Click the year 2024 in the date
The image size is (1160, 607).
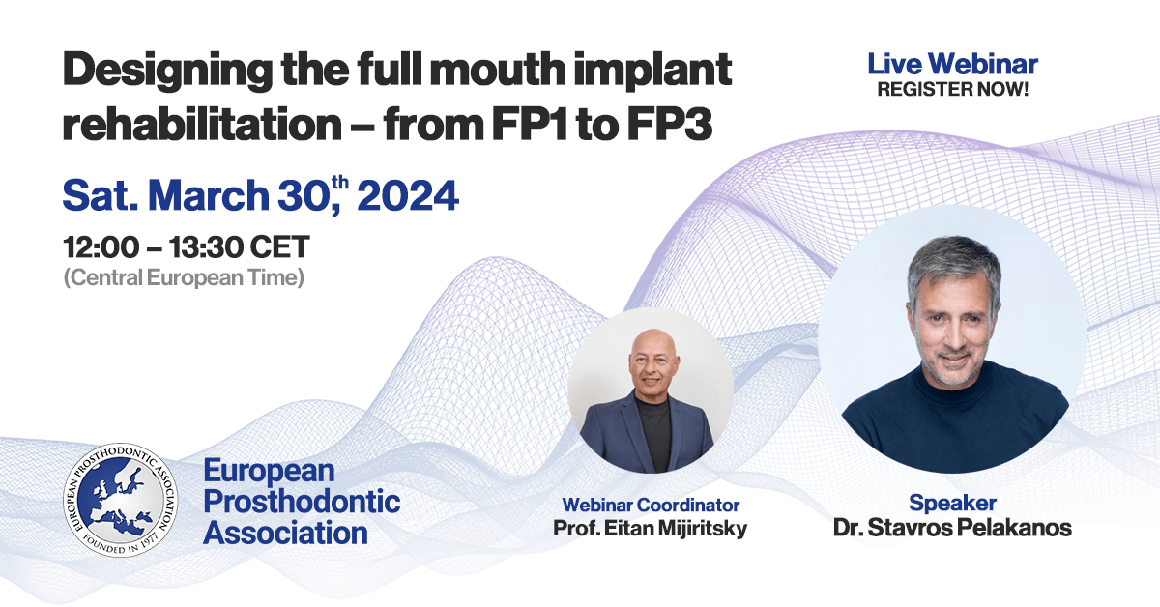[407, 196]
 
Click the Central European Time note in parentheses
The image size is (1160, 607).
[183, 277]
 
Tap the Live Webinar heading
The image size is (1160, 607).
[952, 65]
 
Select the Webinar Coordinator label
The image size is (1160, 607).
[651, 505]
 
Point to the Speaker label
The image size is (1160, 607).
[952, 504]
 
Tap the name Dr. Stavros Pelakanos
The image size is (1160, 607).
[952, 528]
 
